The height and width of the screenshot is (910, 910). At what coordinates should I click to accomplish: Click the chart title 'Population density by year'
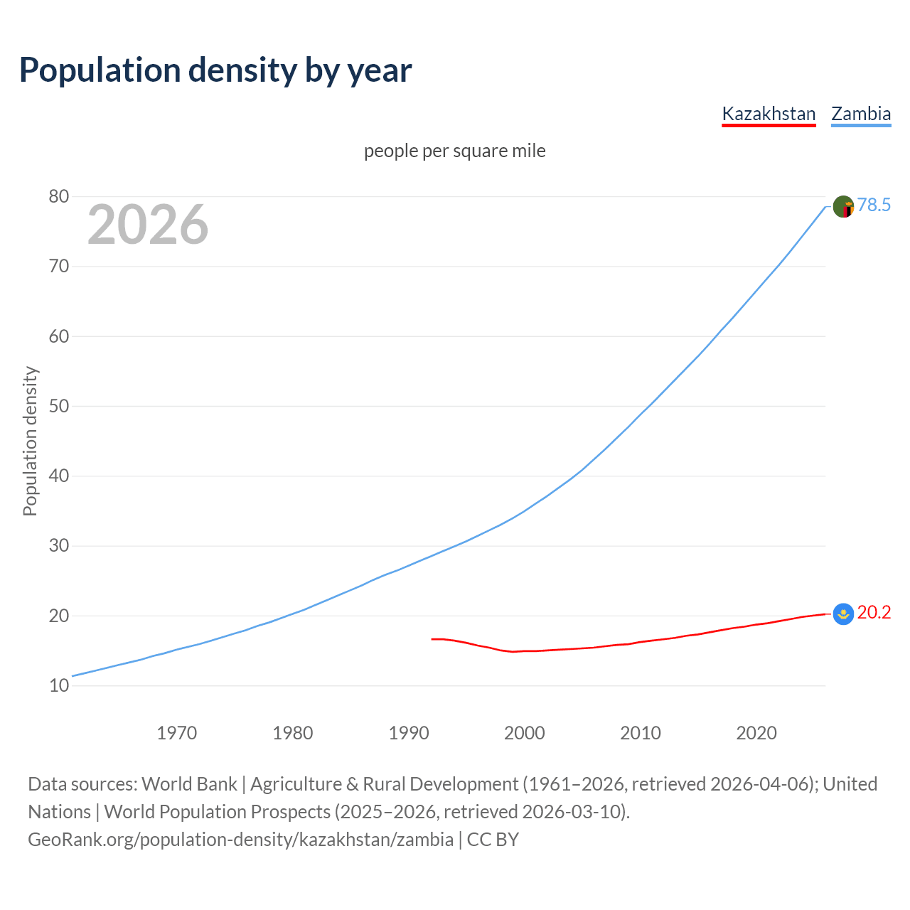[x=215, y=70]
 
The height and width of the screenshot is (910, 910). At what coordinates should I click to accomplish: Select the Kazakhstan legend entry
[x=769, y=114]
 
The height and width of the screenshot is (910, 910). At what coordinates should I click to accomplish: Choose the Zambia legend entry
[x=861, y=114]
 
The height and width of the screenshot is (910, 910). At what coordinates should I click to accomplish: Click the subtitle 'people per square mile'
[x=454, y=151]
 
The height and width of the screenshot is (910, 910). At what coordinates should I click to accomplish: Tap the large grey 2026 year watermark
[x=148, y=225]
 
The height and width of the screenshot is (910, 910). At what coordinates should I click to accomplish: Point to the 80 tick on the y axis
[x=59, y=197]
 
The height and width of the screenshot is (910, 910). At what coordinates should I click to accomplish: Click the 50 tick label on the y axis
[x=59, y=407]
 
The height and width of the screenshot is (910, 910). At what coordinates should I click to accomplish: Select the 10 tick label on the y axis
[x=59, y=686]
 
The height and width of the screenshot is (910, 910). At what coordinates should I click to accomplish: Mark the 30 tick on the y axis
[x=59, y=546]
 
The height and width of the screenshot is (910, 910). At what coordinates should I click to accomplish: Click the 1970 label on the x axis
[x=176, y=733]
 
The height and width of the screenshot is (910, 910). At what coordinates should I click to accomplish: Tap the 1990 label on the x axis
[x=409, y=733]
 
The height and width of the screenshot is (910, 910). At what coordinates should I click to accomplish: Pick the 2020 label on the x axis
[x=756, y=733]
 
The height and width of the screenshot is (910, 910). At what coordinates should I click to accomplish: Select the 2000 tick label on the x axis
[x=525, y=733]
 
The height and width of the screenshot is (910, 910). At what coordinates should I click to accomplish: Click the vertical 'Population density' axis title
[x=30, y=441]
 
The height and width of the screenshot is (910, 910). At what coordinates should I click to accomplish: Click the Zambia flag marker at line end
[x=843, y=207]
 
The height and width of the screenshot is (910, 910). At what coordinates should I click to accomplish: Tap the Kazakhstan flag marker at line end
[x=843, y=614]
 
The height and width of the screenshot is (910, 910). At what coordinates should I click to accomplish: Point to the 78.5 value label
[x=874, y=205]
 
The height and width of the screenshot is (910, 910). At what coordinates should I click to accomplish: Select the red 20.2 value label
[x=874, y=613]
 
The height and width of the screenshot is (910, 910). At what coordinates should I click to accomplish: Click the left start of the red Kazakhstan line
[x=432, y=639]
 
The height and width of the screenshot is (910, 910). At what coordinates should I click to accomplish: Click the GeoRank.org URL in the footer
[x=240, y=840]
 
